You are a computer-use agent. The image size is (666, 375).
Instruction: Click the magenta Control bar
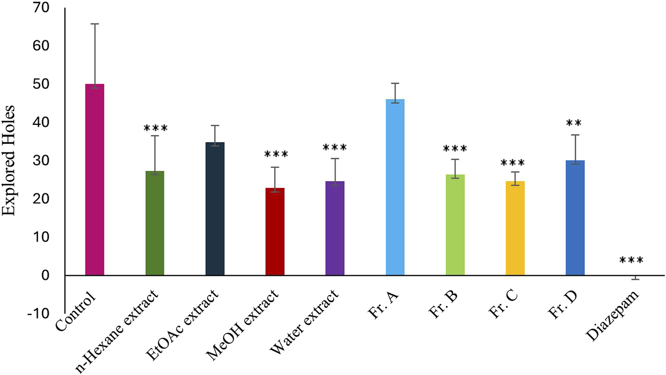(94, 180)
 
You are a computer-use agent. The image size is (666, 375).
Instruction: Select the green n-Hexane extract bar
(155, 223)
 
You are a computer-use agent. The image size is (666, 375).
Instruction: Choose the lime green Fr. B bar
(455, 225)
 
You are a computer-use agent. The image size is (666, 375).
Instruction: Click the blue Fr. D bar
(575, 218)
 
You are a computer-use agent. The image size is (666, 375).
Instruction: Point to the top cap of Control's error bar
(94, 24)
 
